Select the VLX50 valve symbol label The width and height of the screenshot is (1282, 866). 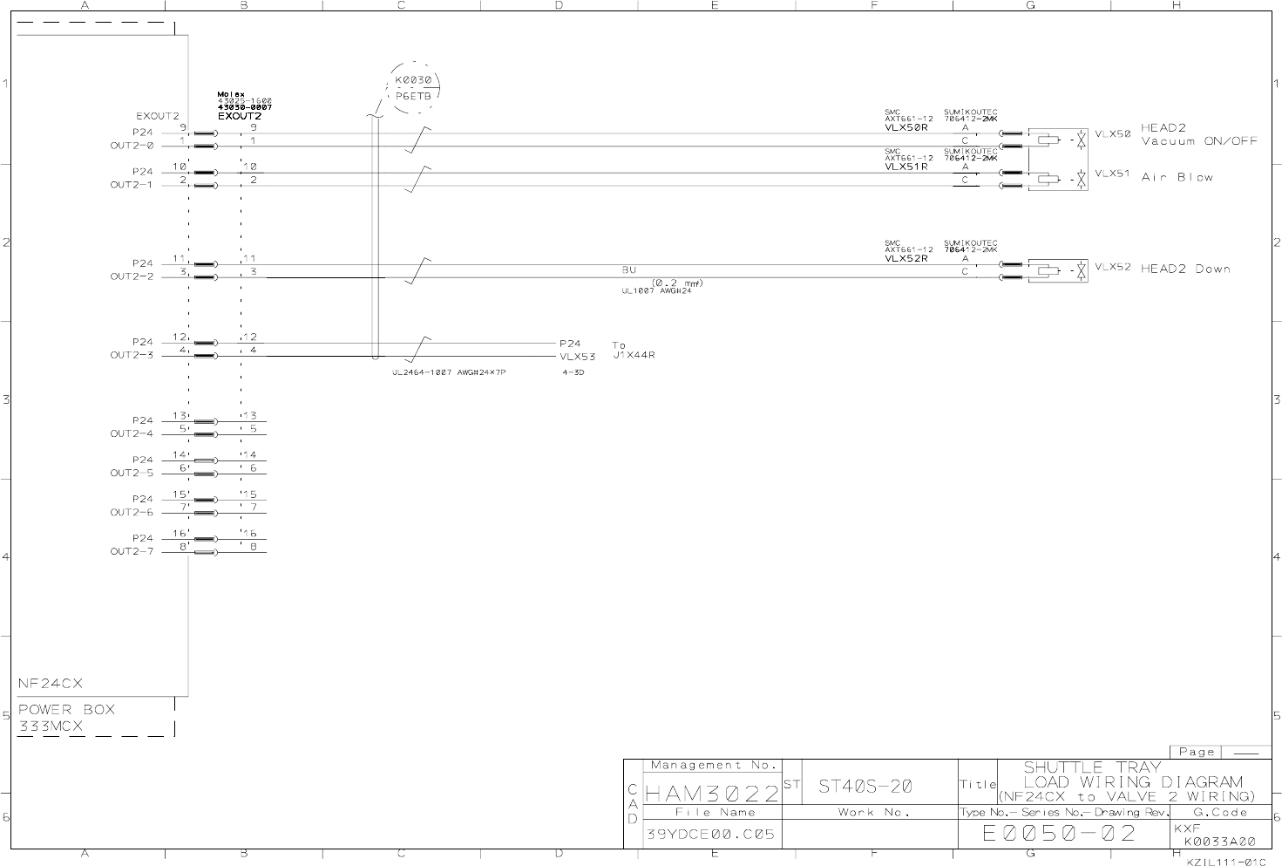(1112, 134)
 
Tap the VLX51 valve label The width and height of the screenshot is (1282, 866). (1112, 174)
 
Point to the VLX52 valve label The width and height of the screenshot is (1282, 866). (1112, 267)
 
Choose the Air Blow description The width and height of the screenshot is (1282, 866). (1177, 177)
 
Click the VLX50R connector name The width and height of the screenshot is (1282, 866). (906, 127)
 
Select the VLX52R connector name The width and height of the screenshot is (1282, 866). (906, 258)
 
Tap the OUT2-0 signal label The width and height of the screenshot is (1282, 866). (132, 146)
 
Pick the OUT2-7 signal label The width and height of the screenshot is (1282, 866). (132, 551)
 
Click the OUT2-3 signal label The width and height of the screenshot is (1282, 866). (132, 355)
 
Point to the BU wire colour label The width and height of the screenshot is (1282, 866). (629, 270)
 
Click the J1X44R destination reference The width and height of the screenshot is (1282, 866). (634, 356)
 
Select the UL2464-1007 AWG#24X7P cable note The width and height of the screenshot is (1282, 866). (449, 372)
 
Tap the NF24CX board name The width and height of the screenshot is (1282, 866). (51, 683)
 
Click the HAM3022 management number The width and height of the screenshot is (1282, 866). (711, 794)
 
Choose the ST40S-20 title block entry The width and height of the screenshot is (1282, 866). (865, 787)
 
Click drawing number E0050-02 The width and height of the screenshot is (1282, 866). (1059, 833)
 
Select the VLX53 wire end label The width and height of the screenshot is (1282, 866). (577, 357)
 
